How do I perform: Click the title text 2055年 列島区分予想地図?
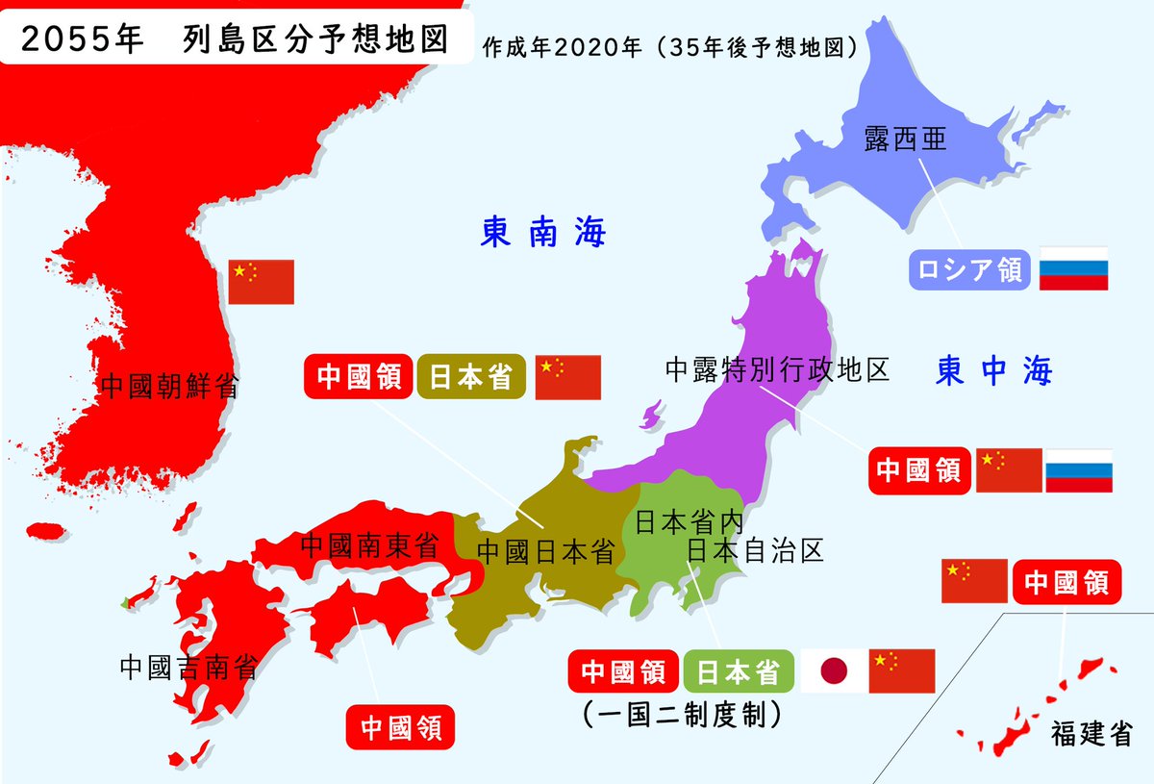(x=234, y=39)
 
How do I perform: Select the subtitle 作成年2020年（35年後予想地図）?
(x=670, y=45)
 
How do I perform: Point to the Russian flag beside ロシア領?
(x=1073, y=269)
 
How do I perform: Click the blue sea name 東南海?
(x=543, y=233)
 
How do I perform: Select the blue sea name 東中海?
(x=994, y=370)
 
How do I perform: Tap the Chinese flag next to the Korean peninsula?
(x=261, y=282)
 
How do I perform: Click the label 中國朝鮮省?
(x=169, y=387)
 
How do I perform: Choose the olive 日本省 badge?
(x=471, y=377)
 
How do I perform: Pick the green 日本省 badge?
(x=739, y=671)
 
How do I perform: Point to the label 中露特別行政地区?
(x=777, y=369)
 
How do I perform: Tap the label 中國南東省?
(x=369, y=546)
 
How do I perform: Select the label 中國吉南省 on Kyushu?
(x=188, y=667)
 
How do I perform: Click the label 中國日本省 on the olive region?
(x=545, y=552)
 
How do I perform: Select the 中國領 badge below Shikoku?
(x=400, y=727)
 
